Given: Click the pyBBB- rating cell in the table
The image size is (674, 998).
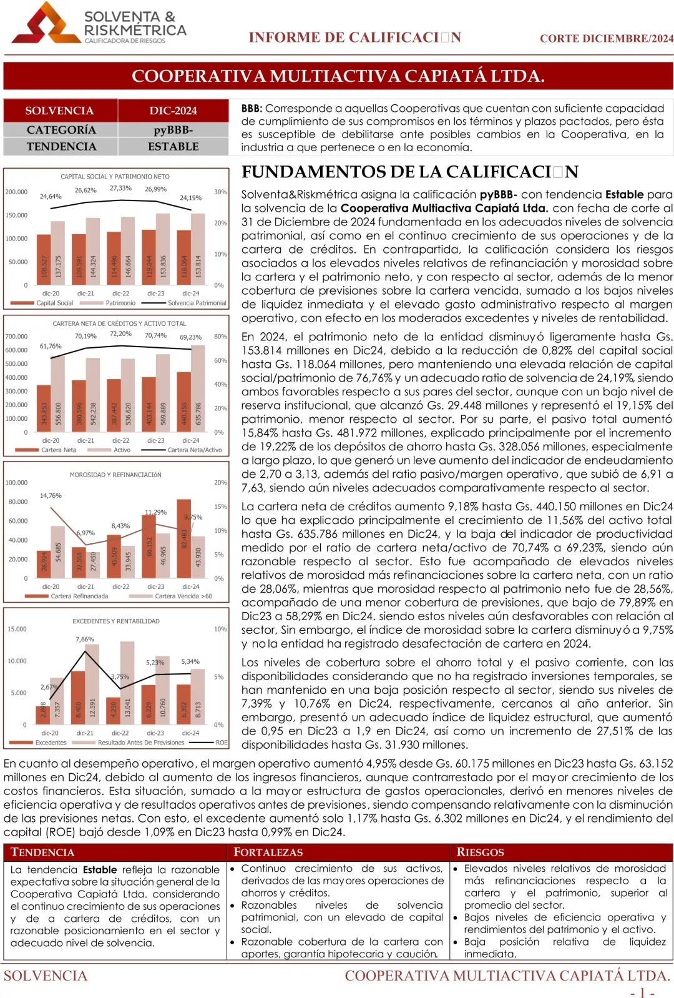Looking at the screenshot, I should (173, 130).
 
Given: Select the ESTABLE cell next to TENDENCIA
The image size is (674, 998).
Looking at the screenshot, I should (173, 147).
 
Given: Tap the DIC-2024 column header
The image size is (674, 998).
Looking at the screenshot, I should (173, 111).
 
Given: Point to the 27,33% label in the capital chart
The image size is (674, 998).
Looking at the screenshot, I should (120, 188).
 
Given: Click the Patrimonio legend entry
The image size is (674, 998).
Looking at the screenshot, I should (120, 303).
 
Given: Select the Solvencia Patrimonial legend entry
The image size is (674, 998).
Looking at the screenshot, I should (197, 303).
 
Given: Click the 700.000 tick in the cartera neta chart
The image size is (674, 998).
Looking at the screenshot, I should (17, 337).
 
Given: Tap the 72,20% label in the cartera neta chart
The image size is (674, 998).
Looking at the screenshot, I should (120, 333).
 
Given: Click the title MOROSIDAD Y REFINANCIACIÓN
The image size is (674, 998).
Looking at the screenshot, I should (115, 475).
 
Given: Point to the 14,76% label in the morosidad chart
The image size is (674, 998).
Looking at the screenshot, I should (51, 496).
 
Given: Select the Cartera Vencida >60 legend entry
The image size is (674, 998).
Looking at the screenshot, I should (183, 596).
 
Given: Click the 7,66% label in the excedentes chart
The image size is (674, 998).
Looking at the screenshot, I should (85, 640).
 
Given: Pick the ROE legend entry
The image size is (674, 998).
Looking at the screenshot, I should (221, 743).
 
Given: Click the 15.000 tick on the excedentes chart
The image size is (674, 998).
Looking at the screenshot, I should (17, 629).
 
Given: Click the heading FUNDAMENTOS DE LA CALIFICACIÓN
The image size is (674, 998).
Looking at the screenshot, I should (409, 172).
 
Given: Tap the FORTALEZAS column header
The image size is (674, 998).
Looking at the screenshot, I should (268, 852).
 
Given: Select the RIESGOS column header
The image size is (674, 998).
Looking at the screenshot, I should (480, 852).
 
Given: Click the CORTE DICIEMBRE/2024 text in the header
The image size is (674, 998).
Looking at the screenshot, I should (606, 38).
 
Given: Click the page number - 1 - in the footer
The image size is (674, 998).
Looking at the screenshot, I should (642, 993).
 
